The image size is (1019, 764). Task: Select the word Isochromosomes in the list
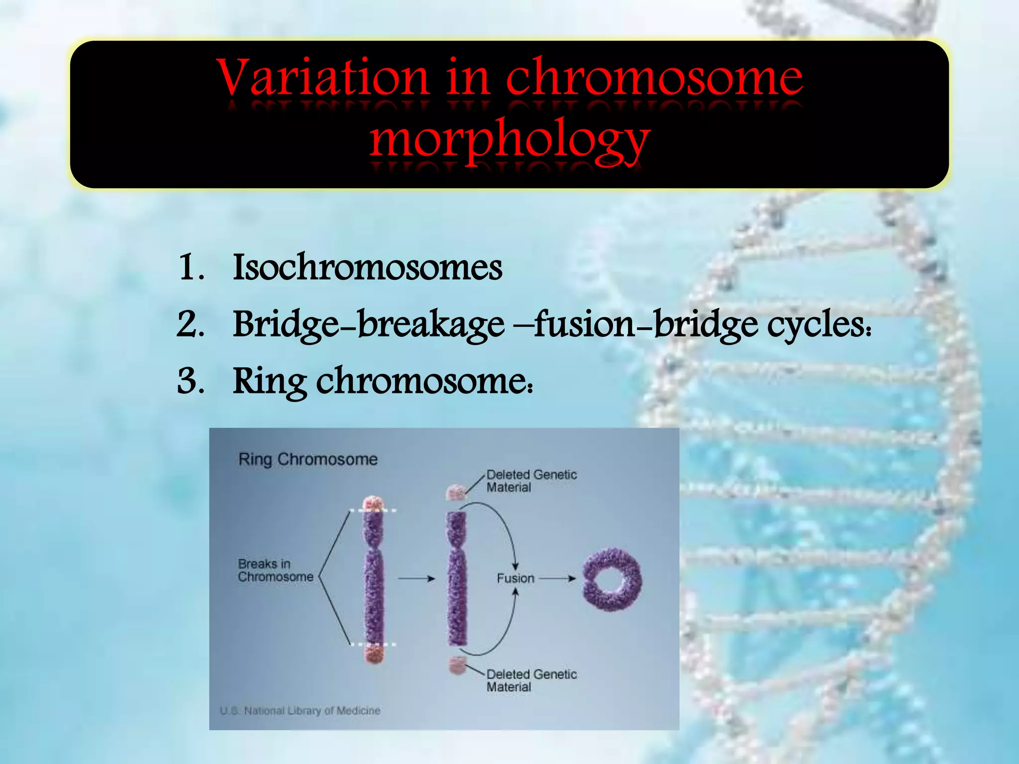pyautogui.click(x=367, y=267)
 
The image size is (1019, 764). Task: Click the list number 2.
pyautogui.click(x=190, y=324)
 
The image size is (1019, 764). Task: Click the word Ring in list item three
pyautogui.click(x=269, y=382)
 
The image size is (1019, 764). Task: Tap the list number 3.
pyautogui.click(x=190, y=382)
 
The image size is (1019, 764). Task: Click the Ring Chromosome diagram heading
pyautogui.click(x=308, y=459)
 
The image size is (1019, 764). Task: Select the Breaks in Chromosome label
pyautogui.click(x=275, y=571)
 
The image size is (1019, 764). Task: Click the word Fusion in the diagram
pyautogui.click(x=515, y=578)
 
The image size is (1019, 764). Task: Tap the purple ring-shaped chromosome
pyautogui.click(x=612, y=579)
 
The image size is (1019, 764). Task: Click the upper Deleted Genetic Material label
pyautogui.click(x=531, y=481)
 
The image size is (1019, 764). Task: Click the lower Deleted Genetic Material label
pyautogui.click(x=531, y=680)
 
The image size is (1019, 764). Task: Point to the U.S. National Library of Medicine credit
pyautogui.click(x=300, y=711)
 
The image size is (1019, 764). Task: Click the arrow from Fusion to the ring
pyautogui.click(x=557, y=578)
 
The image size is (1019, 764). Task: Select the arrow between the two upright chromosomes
pyautogui.click(x=416, y=578)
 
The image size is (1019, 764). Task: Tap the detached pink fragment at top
pyautogui.click(x=455, y=492)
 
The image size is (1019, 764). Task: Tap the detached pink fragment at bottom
pyautogui.click(x=457, y=665)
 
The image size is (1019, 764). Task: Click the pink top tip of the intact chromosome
pyautogui.click(x=372, y=503)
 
